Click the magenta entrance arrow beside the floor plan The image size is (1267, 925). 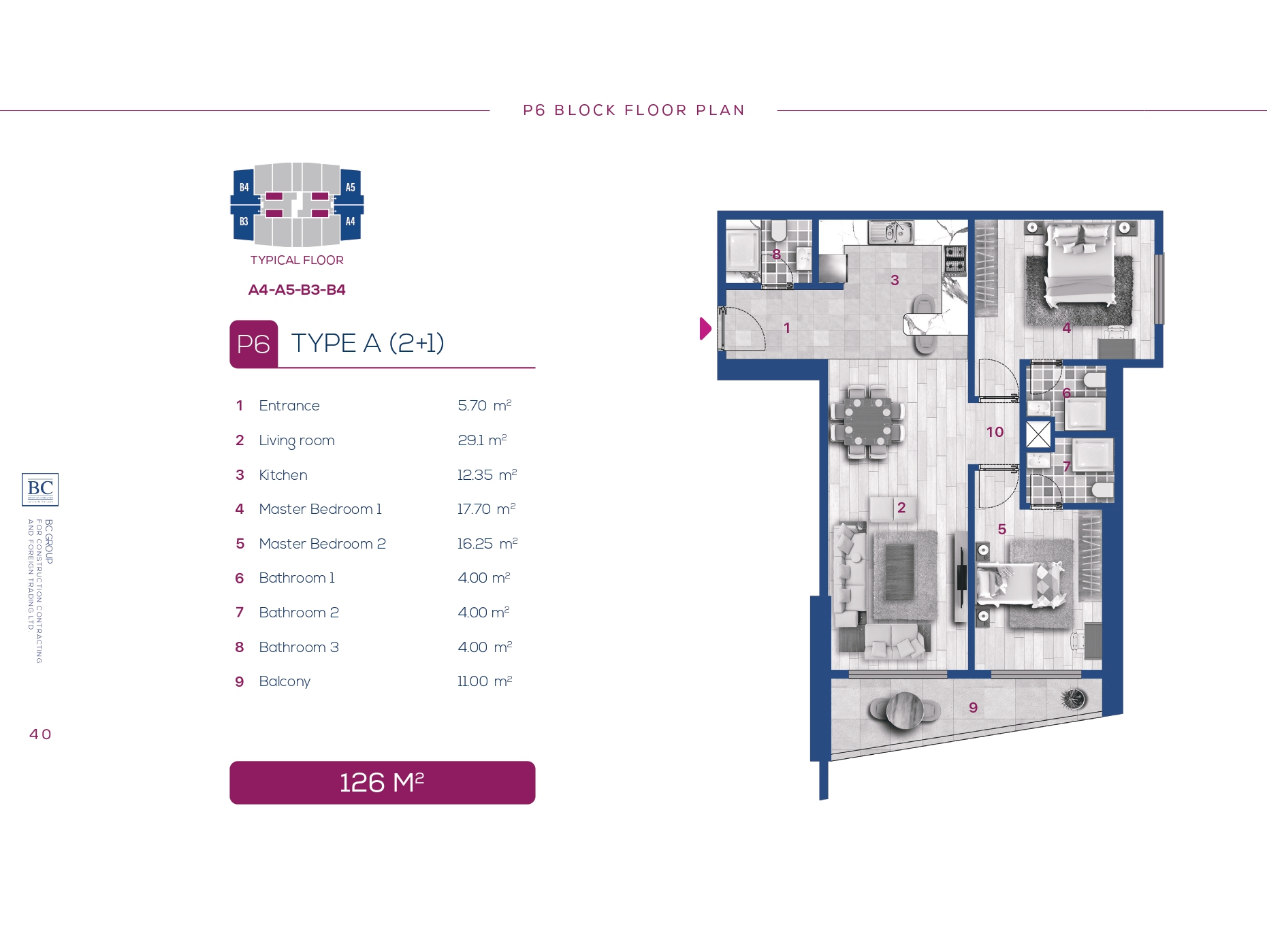point(705,329)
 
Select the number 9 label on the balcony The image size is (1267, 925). point(973,708)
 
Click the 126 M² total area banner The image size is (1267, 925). point(382,783)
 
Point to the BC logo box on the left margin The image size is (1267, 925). point(40,489)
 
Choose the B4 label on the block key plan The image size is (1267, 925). point(244,187)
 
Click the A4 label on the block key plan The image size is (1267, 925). point(350,221)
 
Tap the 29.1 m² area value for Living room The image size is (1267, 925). point(482,440)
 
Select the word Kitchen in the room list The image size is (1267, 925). point(283,475)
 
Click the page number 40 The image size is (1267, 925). point(40,734)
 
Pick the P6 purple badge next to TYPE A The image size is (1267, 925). point(253,344)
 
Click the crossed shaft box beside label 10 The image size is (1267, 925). point(1038,434)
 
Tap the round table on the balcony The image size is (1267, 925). point(905,709)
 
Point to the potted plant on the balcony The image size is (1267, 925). point(1074,698)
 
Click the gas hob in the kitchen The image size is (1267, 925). point(955,259)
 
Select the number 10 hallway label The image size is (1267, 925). point(995,432)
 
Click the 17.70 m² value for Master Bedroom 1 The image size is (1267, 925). point(486,509)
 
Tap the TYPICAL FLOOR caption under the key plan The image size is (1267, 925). point(297,260)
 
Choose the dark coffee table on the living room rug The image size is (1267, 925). point(899,572)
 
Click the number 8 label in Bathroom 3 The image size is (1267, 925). point(776,254)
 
